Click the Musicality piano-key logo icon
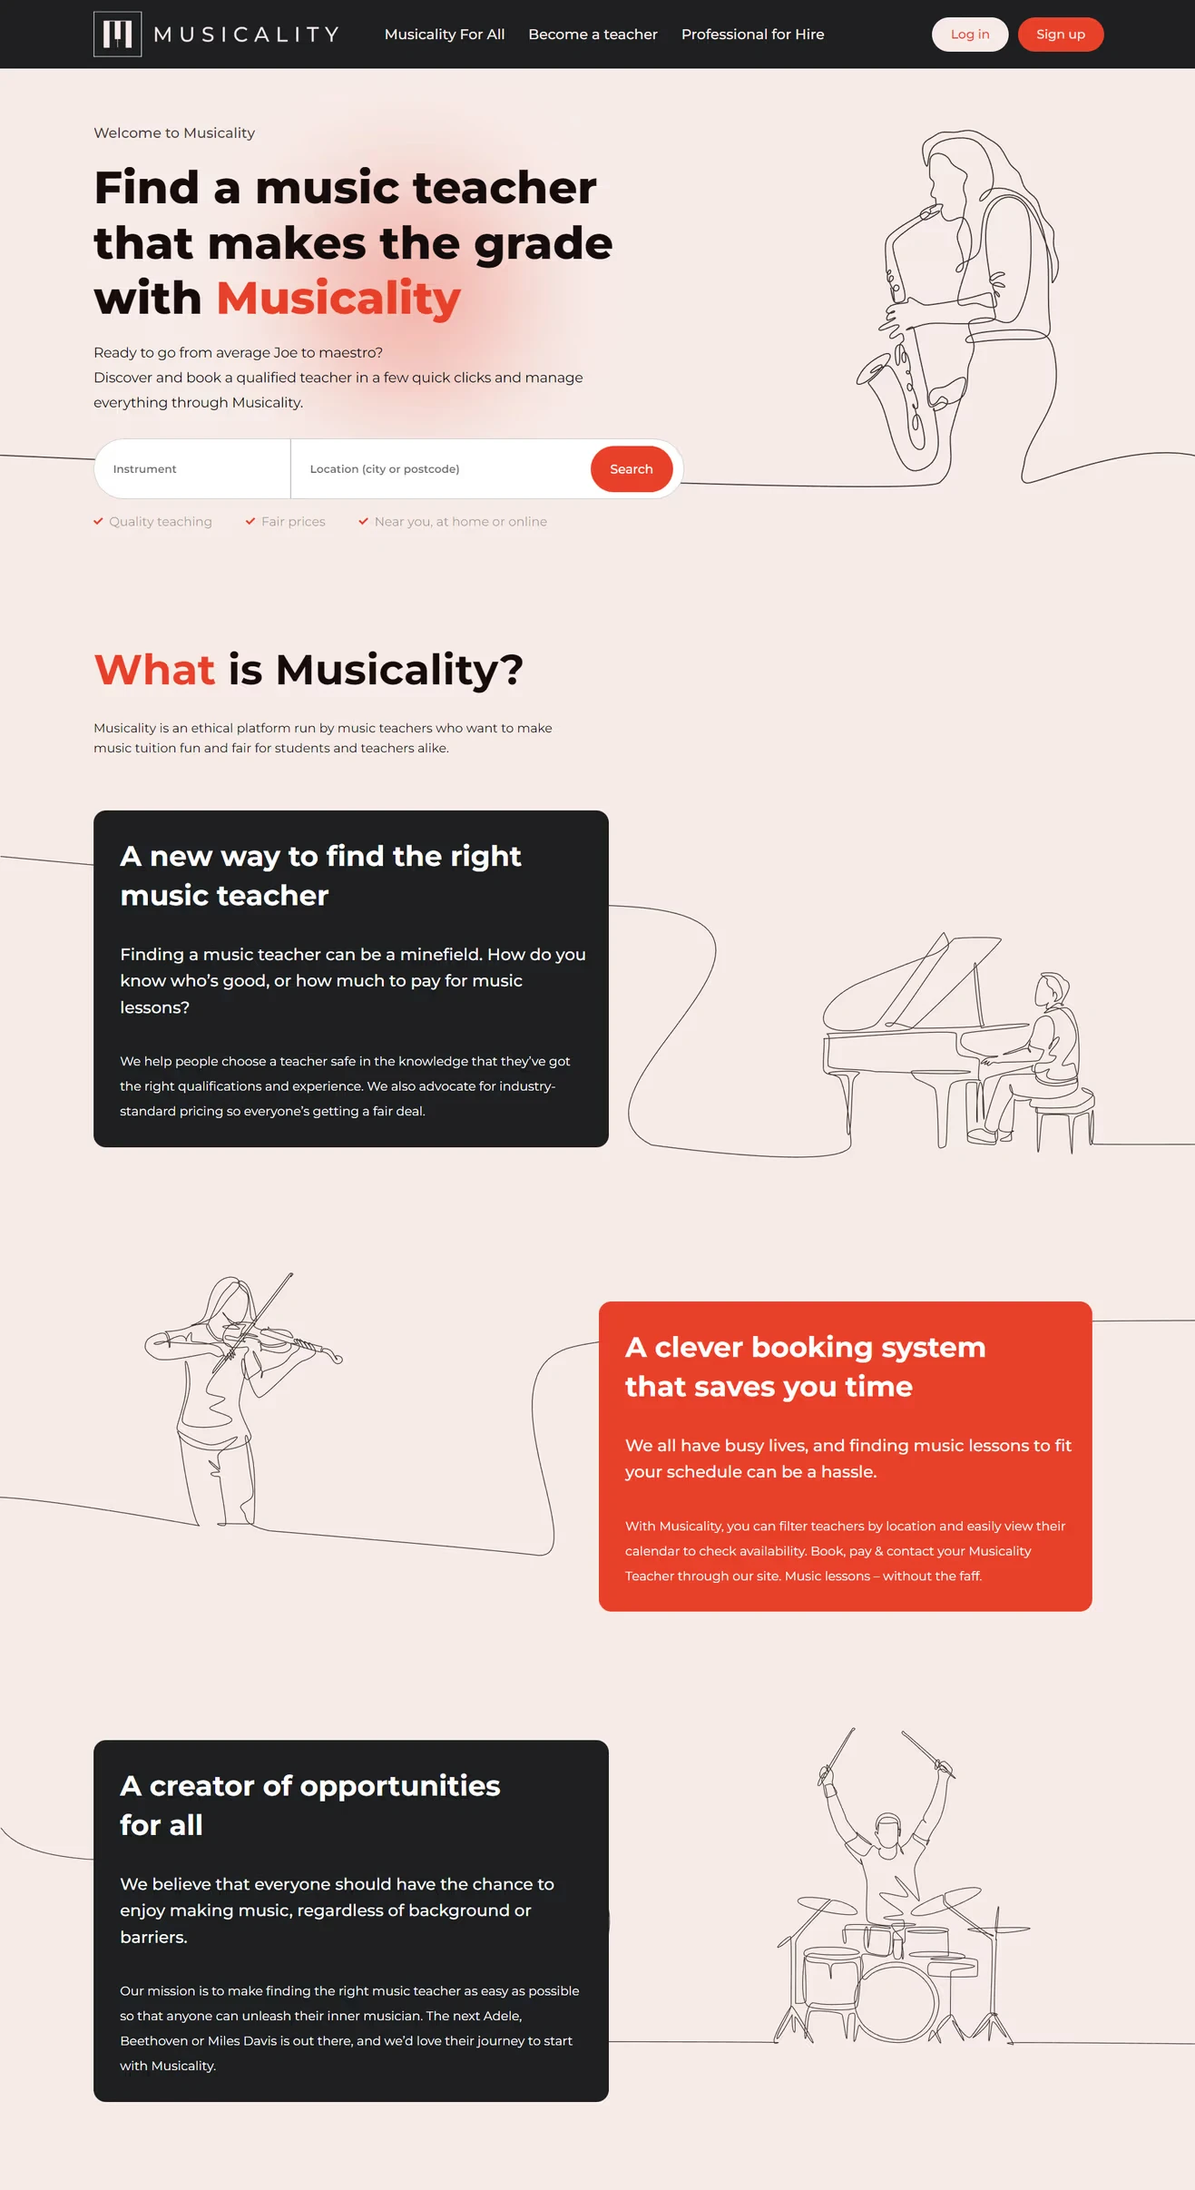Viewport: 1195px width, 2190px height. [118, 34]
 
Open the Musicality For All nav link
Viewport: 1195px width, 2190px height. [445, 34]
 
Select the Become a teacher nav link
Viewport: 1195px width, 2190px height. [593, 34]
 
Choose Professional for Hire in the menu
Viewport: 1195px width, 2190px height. [753, 34]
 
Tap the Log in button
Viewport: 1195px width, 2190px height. [970, 34]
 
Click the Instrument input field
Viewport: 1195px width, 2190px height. [192, 469]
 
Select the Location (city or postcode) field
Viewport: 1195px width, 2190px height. [440, 469]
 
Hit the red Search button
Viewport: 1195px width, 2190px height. [632, 469]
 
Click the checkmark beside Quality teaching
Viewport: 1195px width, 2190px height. [98, 521]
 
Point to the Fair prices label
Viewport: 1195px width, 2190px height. [293, 522]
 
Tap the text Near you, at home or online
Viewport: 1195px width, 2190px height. [461, 522]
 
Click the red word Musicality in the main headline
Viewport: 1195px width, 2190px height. [338, 299]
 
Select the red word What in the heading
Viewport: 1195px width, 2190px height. [154, 670]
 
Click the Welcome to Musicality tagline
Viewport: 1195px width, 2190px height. [174, 133]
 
